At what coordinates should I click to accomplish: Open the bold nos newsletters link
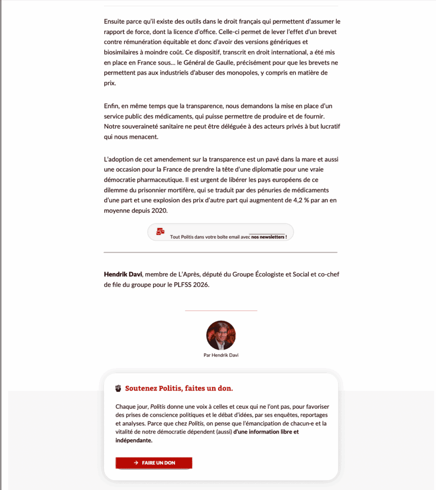(x=269, y=237)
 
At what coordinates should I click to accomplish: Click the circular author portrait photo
(x=221, y=335)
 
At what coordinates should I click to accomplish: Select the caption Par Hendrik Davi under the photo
(x=221, y=356)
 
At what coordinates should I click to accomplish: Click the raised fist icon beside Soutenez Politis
(x=118, y=388)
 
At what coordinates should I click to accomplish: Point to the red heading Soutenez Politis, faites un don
(x=179, y=388)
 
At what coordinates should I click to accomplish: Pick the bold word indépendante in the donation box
(x=134, y=441)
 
